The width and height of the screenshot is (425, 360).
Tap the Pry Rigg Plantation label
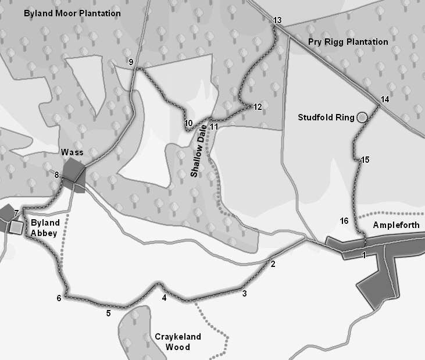tap(348, 42)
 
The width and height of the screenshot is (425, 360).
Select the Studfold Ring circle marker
tap(362, 117)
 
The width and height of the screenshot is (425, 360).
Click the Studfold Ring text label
tap(326, 117)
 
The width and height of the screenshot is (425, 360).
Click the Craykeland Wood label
tap(172, 342)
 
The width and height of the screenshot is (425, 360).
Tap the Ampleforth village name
tap(396, 225)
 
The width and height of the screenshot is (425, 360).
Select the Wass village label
tap(72, 152)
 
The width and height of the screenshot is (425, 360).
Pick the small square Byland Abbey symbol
tap(16, 227)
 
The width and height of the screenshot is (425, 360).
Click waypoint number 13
tap(277, 21)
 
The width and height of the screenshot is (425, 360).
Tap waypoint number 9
tap(131, 62)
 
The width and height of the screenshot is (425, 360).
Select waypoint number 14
tap(384, 99)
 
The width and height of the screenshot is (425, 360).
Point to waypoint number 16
tap(344, 221)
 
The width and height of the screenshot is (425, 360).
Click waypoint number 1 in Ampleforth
tap(364, 255)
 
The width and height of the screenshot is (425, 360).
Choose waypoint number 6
tap(59, 298)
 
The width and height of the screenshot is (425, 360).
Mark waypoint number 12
tap(258, 107)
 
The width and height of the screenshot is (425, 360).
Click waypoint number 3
tap(244, 294)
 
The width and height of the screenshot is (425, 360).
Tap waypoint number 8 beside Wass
tap(56, 174)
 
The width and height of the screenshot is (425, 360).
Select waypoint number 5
tap(108, 313)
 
